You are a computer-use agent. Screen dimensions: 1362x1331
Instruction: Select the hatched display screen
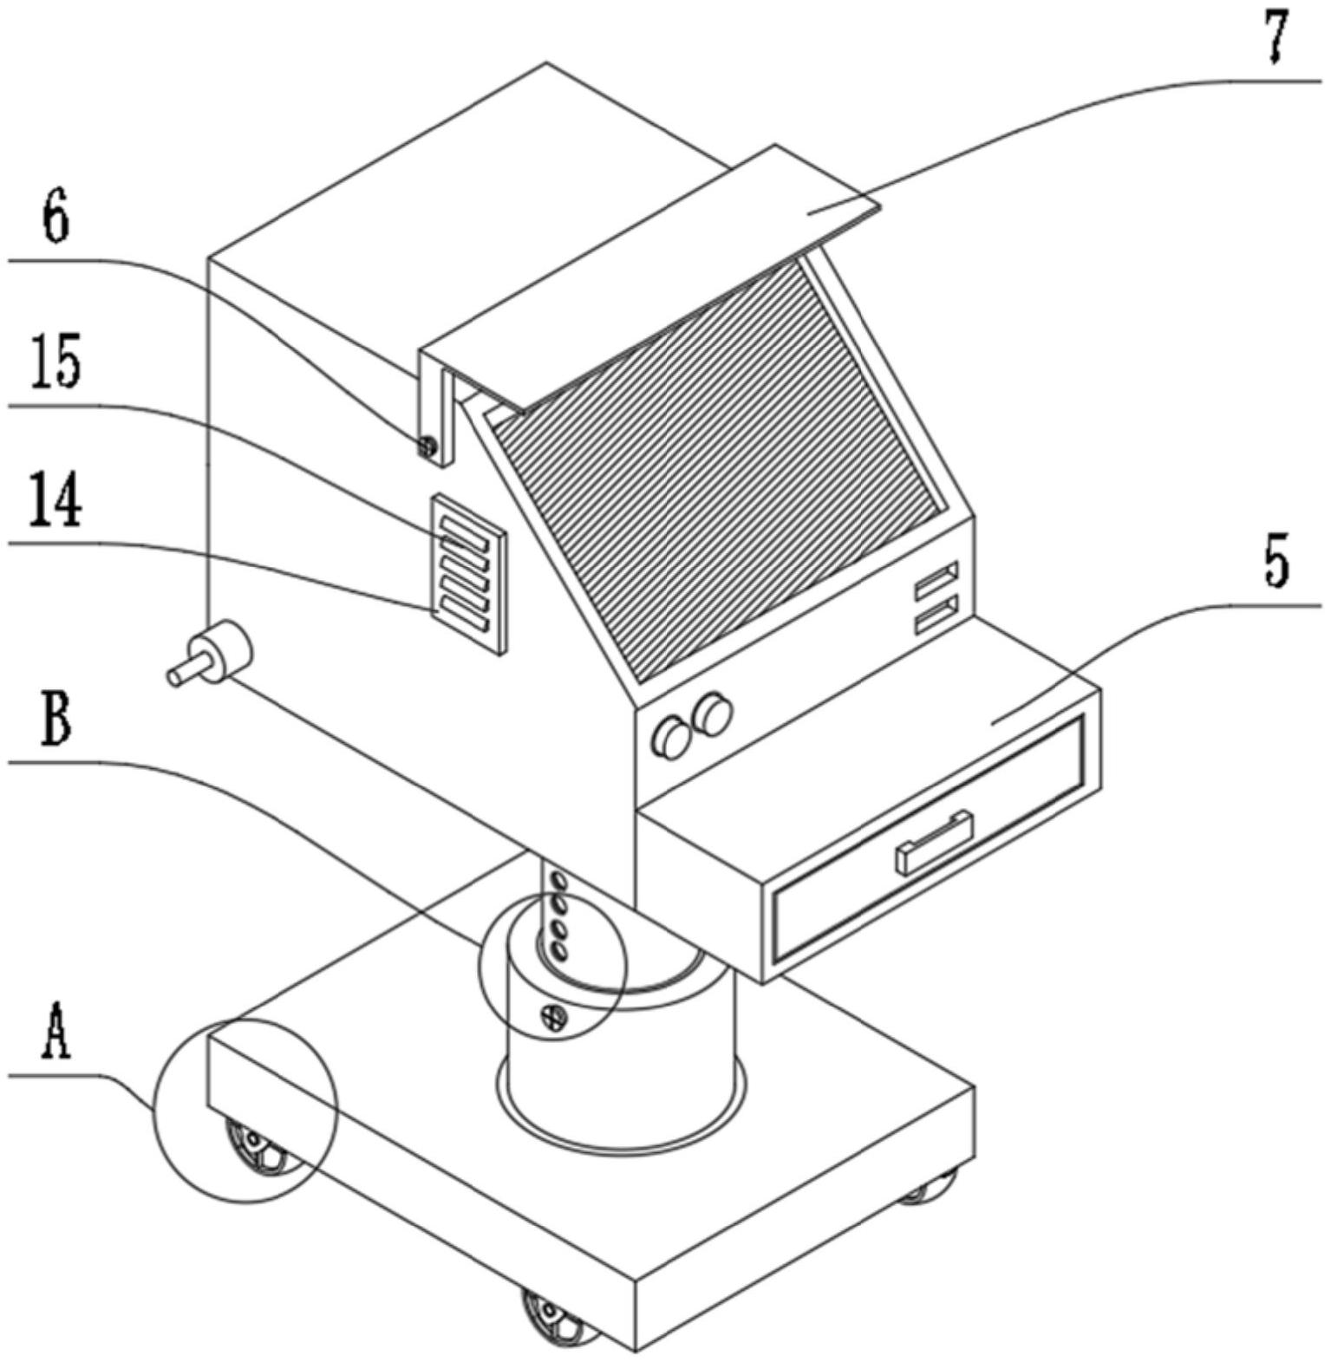click(720, 468)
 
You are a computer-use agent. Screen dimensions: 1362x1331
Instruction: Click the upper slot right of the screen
click(937, 576)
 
